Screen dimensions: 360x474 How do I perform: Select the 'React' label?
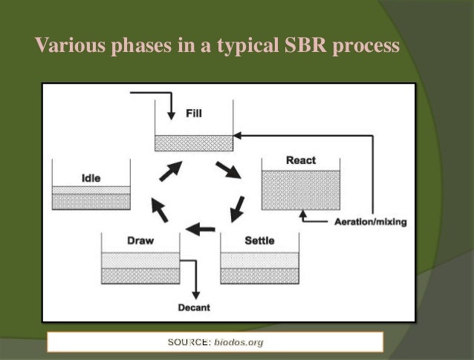pos(300,160)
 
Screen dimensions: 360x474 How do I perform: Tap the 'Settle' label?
pos(259,241)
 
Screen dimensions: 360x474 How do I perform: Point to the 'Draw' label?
pos(140,241)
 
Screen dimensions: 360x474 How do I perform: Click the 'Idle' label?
pos(91,178)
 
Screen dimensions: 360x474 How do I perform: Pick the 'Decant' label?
pos(193,307)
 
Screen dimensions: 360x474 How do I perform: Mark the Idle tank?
pos(91,194)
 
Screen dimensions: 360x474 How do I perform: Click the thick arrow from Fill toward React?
pos(228,169)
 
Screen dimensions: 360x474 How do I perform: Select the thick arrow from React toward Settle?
pos(238,209)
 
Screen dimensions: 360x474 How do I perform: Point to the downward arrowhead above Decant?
pos(195,292)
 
